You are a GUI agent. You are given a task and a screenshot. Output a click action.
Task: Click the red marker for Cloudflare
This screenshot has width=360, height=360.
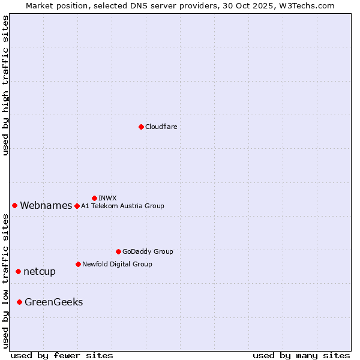[x=141, y=127]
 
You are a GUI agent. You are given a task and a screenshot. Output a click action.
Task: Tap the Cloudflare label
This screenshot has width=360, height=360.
[x=161, y=127]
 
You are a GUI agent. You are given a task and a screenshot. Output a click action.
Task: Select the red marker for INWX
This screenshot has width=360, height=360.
[x=94, y=198]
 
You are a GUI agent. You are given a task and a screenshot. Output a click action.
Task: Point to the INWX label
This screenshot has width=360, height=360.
[x=107, y=198]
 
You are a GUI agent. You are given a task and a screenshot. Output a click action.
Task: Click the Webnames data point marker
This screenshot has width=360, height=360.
[x=14, y=205]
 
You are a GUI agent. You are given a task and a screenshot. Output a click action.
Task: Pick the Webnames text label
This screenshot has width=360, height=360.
[x=46, y=206]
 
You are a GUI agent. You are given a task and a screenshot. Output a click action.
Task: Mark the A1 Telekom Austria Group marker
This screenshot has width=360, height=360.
[x=77, y=206]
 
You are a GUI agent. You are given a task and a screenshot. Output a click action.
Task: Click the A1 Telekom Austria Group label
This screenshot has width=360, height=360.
[x=122, y=206]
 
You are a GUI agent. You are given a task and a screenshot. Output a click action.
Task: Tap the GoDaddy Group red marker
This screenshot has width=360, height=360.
[x=118, y=251]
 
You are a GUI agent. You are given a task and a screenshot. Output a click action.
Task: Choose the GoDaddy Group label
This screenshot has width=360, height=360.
[x=148, y=251]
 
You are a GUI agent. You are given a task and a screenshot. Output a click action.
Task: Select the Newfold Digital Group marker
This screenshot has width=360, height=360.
[x=78, y=264]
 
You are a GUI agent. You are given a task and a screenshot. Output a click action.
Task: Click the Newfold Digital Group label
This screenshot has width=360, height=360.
[x=117, y=264]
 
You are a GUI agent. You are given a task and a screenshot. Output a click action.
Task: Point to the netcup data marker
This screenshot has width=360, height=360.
[x=18, y=271]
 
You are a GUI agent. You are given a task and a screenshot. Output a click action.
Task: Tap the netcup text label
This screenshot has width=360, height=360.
[x=40, y=271]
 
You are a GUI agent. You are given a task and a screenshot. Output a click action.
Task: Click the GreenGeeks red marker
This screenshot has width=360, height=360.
[x=19, y=302]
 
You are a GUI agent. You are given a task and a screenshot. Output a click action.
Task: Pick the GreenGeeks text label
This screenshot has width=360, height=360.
[x=53, y=302]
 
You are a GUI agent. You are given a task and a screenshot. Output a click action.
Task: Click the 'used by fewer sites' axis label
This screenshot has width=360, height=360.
[x=62, y=356]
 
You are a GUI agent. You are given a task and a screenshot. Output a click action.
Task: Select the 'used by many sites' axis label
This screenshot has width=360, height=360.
[x=301, y=356]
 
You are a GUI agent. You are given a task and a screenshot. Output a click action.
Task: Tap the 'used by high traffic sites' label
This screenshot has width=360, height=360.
[x=6, y=85]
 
